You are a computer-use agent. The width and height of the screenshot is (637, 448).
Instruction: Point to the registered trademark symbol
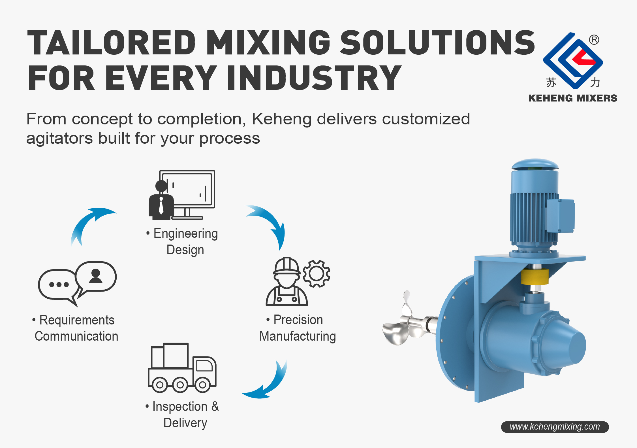pyautogui.click(x=594, y=40)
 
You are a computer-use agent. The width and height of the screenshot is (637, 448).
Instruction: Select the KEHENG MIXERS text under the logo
pyautogui.click(x=572, y=98)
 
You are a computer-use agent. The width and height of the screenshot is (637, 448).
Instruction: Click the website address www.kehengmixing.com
pyautogui.click(x=555, y=427)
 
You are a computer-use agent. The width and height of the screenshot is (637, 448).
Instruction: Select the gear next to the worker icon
pyautogui.click(x=316, y=273)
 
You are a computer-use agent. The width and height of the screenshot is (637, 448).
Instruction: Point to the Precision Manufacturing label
pyautogui.click(x=298, y=328)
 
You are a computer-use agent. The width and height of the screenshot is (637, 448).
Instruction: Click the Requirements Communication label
pyautogui.click(x=76, y=328)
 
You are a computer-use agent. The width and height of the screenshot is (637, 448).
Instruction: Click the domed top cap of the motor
pyautogui.click(x=535, y=164)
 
